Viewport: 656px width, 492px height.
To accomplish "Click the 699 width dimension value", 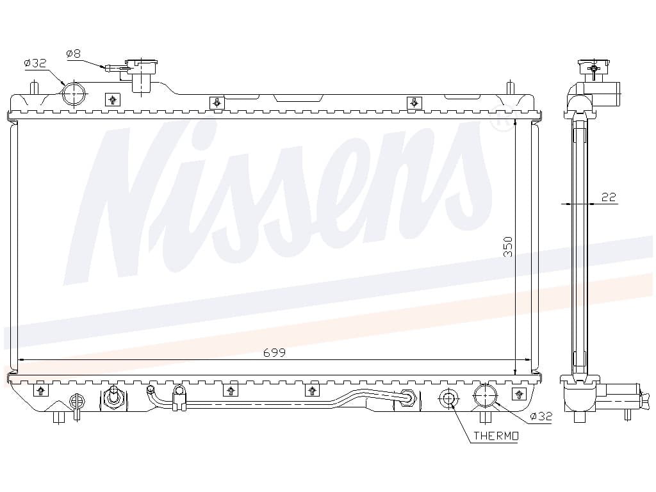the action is pos(274,353).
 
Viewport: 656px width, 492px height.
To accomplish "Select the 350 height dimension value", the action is pos(507,247).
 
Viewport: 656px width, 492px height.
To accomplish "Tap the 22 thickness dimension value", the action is pos(609,197).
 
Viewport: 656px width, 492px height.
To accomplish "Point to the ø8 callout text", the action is pos(73,54).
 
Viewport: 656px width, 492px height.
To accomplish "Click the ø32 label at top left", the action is pos(35,63).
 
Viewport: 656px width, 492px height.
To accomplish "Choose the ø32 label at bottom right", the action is pos(541,416).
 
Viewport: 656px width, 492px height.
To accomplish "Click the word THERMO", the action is pos(496,436).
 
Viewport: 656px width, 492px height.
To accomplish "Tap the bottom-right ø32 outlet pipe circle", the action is pos(485,395).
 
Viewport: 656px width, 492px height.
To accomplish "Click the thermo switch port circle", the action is pos(448,398).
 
